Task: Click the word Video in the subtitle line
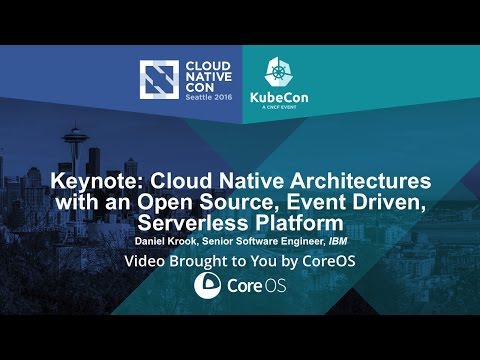point(144,262)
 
